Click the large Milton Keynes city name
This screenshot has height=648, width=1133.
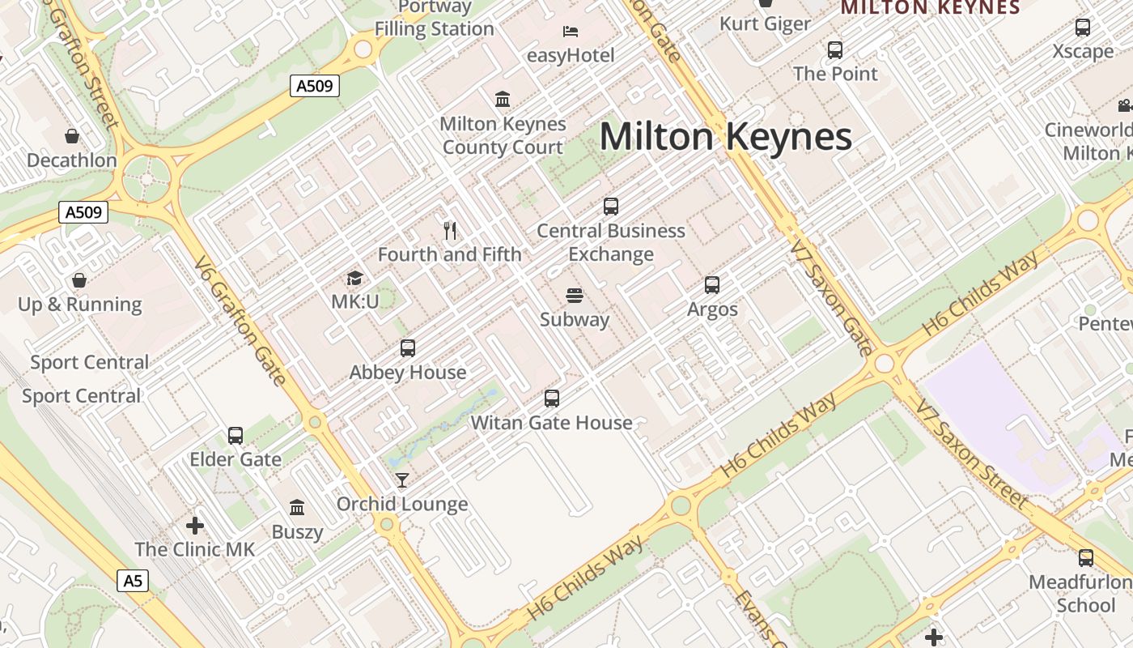(725, 136)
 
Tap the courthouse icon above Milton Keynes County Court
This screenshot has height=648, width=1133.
(503, 100)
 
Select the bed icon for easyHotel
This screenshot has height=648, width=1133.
(571, 32)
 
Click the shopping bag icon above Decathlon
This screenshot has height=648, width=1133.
(72, 135)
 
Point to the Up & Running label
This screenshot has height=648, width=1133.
(80, 305)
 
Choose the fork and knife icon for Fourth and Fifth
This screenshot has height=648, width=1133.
(450, 231)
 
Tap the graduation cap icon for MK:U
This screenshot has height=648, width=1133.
(354, 279)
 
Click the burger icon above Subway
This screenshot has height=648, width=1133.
(575, 296)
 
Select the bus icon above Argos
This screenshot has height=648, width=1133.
(712, 285)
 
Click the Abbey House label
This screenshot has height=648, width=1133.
(408, 373)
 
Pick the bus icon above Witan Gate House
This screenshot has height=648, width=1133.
(552, 399)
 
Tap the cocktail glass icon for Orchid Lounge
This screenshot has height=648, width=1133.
(402, 480)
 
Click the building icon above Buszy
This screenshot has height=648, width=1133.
(297, 508)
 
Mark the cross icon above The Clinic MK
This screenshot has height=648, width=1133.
(194, 525)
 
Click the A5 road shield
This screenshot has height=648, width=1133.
(134, 580)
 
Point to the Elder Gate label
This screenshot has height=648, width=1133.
(236, 459)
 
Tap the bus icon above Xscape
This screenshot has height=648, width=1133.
(1083, 28)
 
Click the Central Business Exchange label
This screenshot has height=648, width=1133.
(611, 242)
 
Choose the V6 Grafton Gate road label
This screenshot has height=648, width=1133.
(240, 321)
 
